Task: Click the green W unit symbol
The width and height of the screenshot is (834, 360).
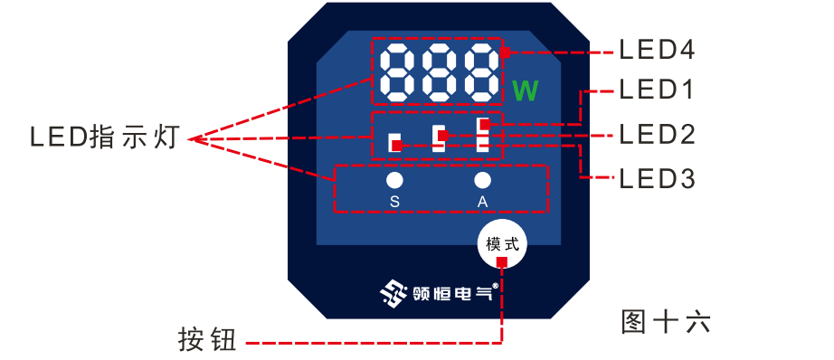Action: [525, 91]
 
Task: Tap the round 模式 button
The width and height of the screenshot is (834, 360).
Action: [502, 243]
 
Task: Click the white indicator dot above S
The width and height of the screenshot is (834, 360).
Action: [394, 180]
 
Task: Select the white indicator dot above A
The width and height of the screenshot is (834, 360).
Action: [482, 180]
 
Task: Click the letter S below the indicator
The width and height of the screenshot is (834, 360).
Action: [394, 201]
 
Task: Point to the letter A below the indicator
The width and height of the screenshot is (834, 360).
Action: [482, 201]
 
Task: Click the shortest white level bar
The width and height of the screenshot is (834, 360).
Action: [394, 142]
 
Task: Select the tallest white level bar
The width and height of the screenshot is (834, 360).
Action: [483, 133]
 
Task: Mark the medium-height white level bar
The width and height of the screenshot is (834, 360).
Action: [439, 137]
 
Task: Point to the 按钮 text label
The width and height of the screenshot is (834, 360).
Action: [207, 341]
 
